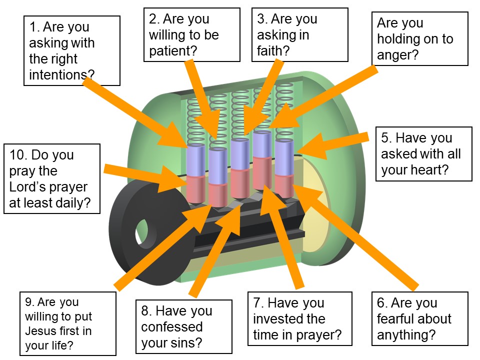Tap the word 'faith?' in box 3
pyautogui.click(x=273, y=50)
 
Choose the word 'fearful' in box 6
pyautogui.click(x=399, y=319)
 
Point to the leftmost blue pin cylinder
pyautogui.click(x=195, y=160)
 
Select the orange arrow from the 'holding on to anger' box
pyautogui.click(x=325, y=97)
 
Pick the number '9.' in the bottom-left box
pyautogui.click(x=29, y=302)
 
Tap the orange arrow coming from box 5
pyautogui.click(x=335, y=145)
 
